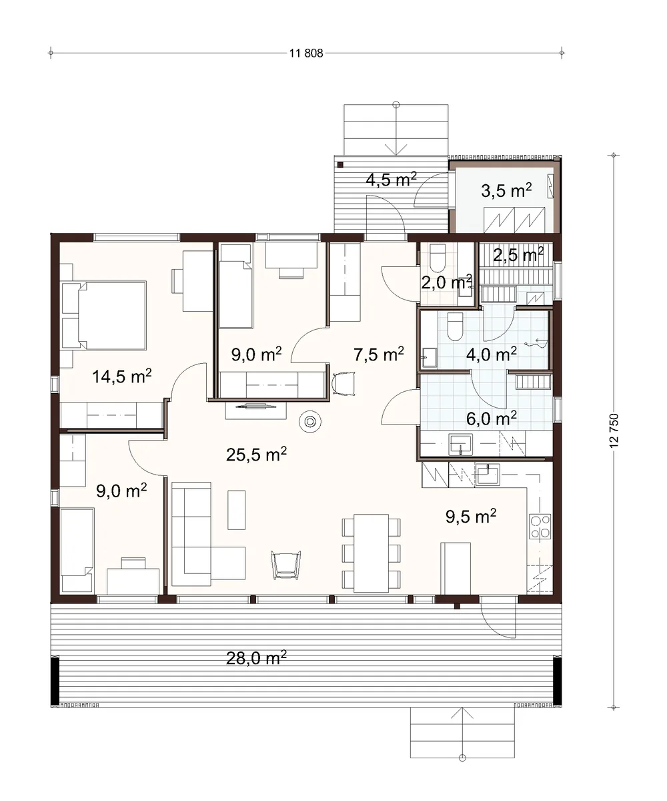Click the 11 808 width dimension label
[x=306, y=53]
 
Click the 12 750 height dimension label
[x=614, y=431]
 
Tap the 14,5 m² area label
[x=122, y=376]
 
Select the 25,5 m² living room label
[x=256, y=454]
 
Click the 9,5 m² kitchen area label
[x=471, y=516]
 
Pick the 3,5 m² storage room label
[x=506, y=190]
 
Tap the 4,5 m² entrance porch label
[x=391, y=179]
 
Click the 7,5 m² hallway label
[x=379, y=354]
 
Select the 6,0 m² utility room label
[x=492, y=418]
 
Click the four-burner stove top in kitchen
[x=540, y=527]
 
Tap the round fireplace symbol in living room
[x=310, y=422]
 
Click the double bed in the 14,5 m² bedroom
[x=104, y=315]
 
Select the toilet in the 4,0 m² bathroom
[x=455, y=326]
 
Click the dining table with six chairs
[x=371, y=553]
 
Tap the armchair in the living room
[x=285, y=564]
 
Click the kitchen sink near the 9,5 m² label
[x=488, y=475]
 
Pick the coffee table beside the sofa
[x=237, y=510]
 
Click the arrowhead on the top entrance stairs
[x=396, y=150]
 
